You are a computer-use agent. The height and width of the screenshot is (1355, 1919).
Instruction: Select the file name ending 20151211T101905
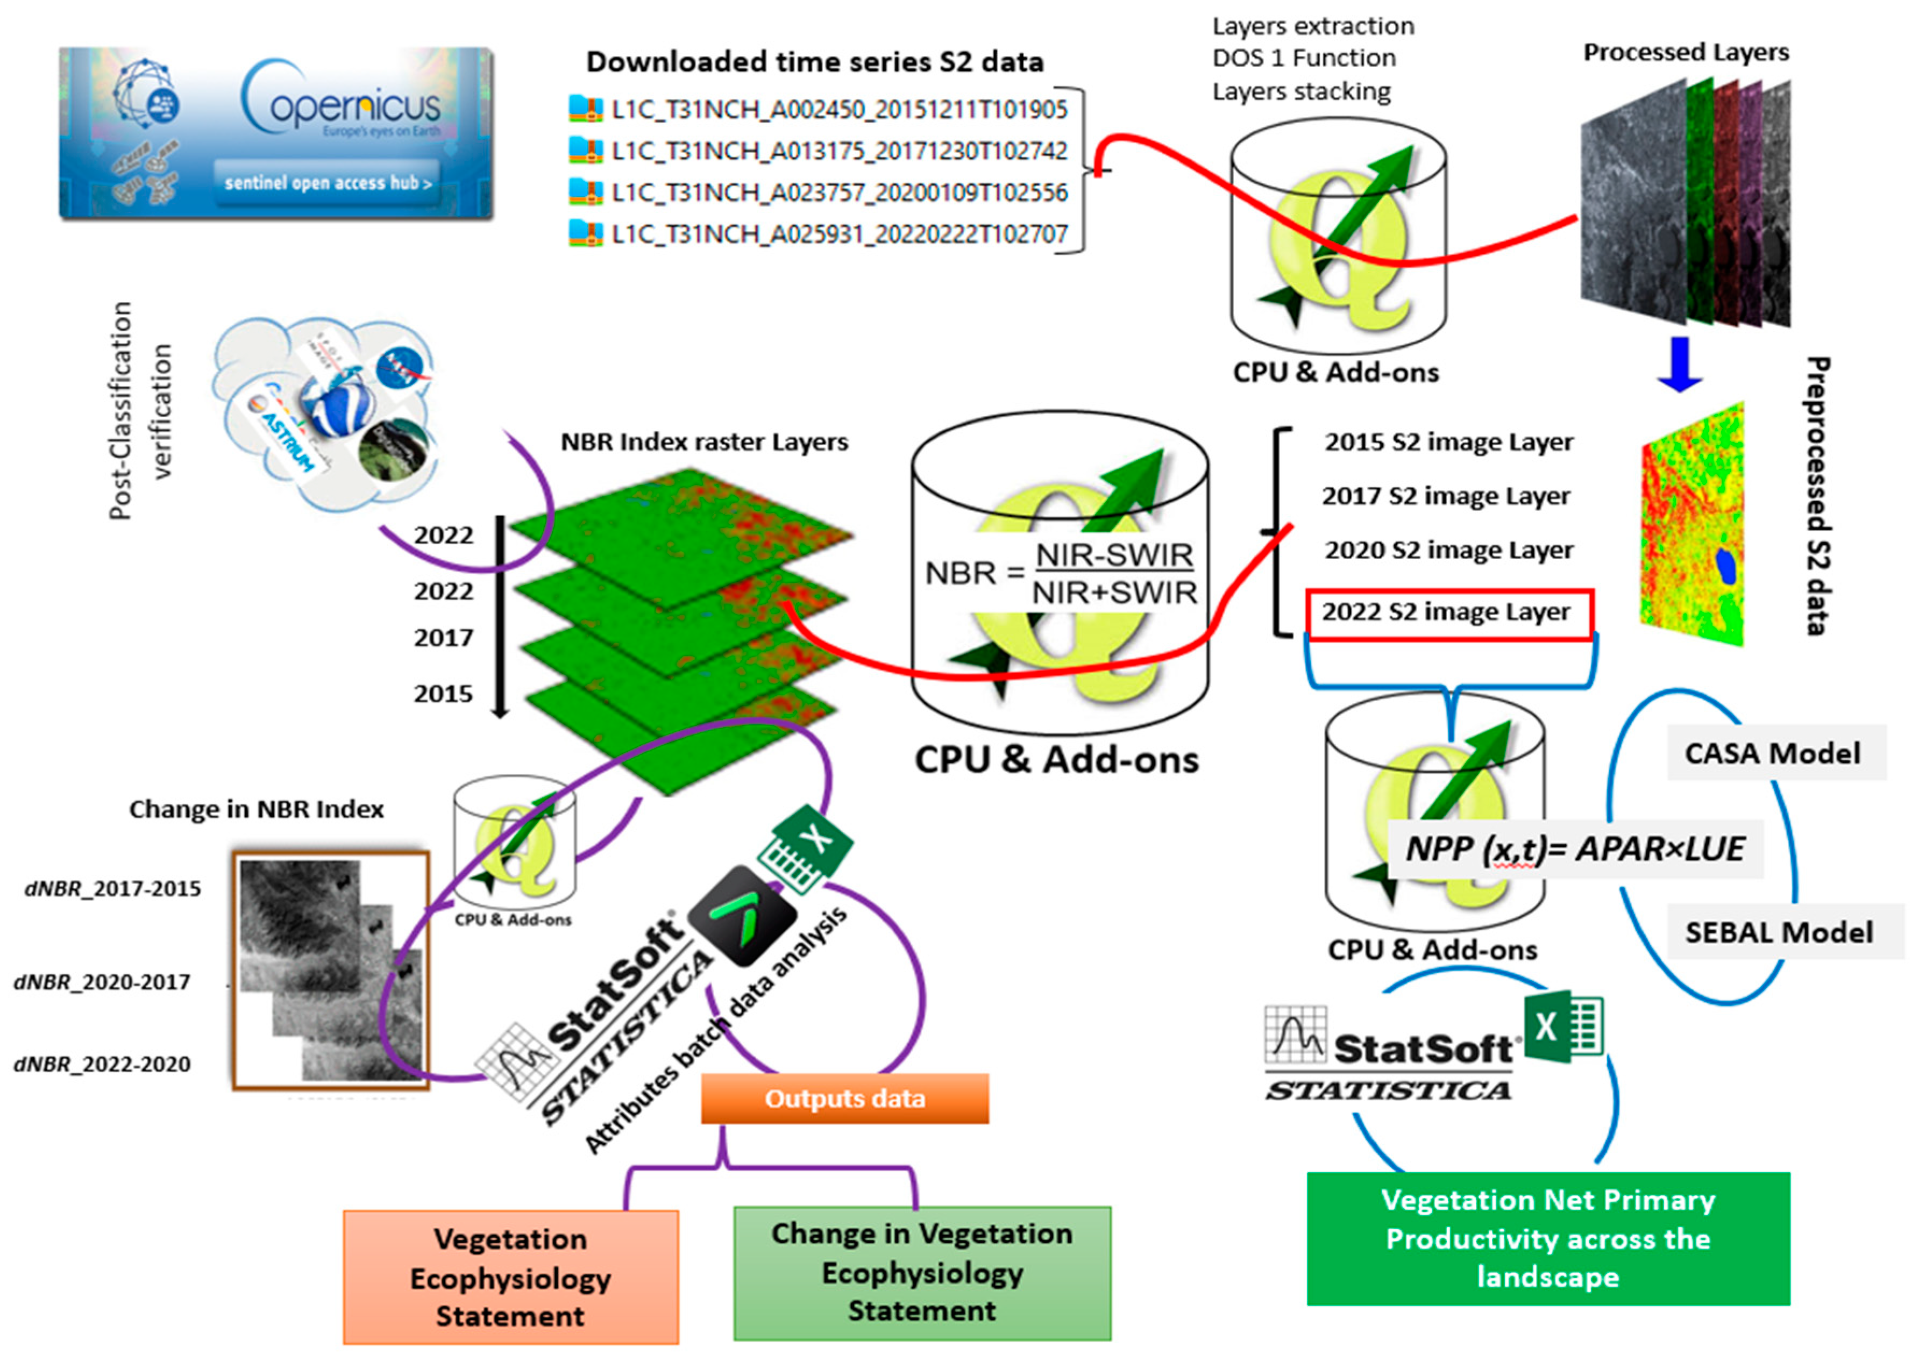pyautogui.click(x=838, y=110)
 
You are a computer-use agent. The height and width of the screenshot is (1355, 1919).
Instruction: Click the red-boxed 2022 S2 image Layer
pyautogui.click(x=1448, y=613)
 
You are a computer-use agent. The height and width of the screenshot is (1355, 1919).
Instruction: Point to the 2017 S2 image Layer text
pyautogui.click(x=1446, y=496)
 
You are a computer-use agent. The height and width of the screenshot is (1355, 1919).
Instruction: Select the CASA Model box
pyautogui.click(x=1774, y=753)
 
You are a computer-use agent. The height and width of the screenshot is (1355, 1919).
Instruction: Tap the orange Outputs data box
pyautogui.click(x=845, y=1099)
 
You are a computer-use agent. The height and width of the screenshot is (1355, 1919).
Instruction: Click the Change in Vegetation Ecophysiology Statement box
pyautogui.click(x=922, y=1272)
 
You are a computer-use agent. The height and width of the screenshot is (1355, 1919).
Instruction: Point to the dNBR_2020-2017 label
pyautogui.click(x=103, y=982)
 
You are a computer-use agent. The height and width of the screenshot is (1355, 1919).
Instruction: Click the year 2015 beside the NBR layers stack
pyautogui.click(x=443, y=694)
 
